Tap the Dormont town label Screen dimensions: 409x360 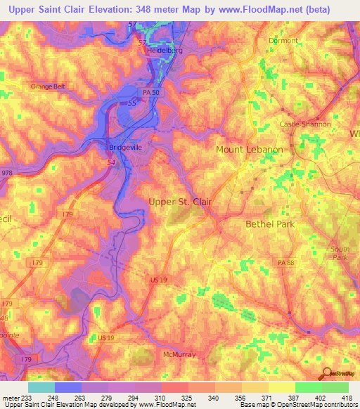pos(283,41)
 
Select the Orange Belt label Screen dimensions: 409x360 pos(47,86)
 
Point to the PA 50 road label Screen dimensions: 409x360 pos(150,93)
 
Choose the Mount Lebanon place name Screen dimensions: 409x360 pos(249,150)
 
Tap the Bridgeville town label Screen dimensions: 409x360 pos(126,148)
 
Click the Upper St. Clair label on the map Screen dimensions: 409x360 pos(181,202)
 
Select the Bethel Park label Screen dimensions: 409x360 pos(269,224)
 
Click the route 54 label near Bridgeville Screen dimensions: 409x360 pos(111,162)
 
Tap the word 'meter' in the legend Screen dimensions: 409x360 pos(12,398)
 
